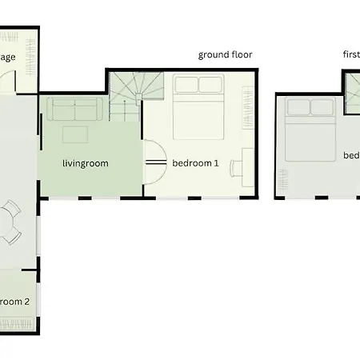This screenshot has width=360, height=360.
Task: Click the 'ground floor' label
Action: point(225,55)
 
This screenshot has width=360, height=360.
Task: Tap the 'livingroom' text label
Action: point(85,163)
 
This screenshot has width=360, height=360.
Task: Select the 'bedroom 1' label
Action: point(195,163)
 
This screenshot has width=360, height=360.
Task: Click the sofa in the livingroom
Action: point(72,110)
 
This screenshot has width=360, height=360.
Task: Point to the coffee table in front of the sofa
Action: point(77,134)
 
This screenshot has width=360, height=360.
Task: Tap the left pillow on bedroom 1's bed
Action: point(186,86)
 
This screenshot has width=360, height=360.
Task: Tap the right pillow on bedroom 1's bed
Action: point(210,86)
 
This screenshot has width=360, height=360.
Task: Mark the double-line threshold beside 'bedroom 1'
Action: point(155,163)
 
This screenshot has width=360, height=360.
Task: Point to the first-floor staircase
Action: point(352,92)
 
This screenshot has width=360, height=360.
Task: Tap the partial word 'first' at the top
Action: point(350,55)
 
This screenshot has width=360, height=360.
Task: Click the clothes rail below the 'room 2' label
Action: point(16,325)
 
